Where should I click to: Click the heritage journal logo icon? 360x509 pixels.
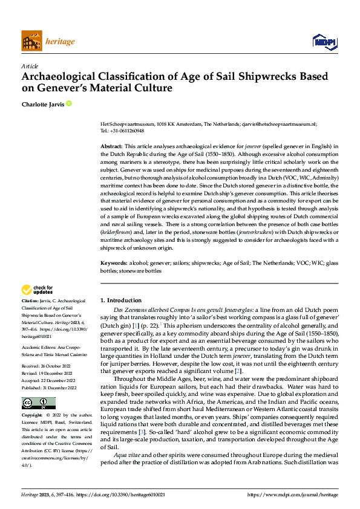click(x=31, y=41)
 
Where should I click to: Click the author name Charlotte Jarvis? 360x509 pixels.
click(x=42, y=104)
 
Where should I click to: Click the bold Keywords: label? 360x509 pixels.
click(x=113, y=264)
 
